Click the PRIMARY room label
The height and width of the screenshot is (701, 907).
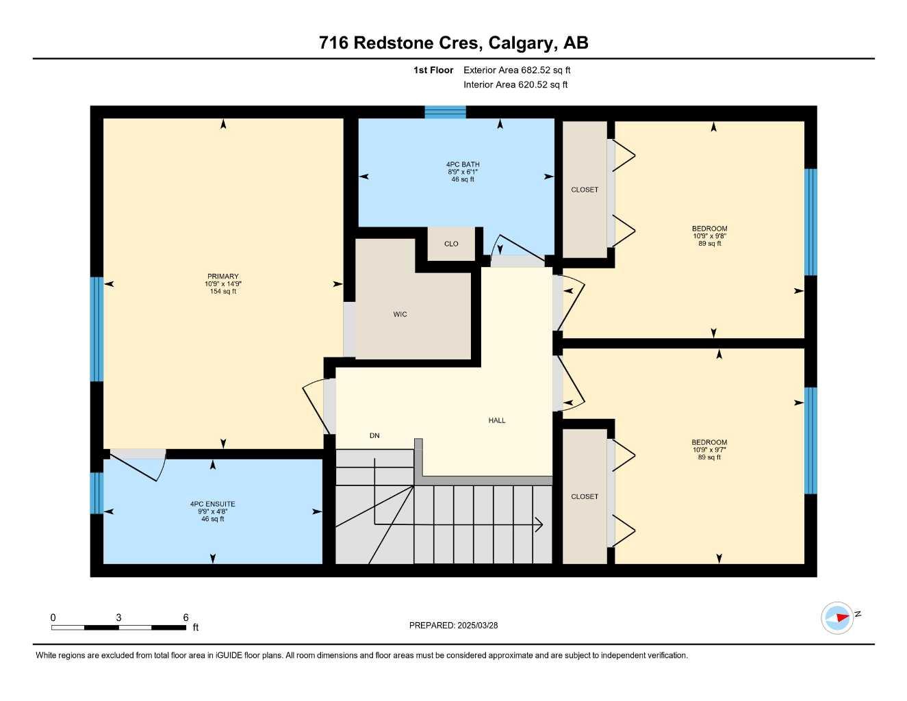click(223, 277)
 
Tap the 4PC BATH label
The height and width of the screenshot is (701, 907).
click(463, 164)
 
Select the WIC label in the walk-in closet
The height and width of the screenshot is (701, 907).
click(400, 315)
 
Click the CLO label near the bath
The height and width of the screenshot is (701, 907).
click(451, 244)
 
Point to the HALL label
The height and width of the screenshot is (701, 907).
click(497, 420)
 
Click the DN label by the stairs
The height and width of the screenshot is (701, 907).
click(374, 435)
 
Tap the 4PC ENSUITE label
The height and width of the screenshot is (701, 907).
click(212, 505)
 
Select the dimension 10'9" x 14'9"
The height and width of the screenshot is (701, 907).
click(223, 284)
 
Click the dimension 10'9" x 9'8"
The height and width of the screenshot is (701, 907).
click(709, 236)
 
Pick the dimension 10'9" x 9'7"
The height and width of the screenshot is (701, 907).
click(709, 450)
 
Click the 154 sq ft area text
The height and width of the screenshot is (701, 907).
click(223, 292)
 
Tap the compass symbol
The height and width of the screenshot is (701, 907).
click(837, 618)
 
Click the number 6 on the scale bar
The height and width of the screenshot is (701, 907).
click(186, 617)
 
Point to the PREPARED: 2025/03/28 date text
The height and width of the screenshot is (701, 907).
click(453, 625)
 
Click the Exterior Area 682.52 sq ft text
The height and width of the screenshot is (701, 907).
click(517, 70)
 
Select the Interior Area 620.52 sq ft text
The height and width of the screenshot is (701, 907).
click(515, 85)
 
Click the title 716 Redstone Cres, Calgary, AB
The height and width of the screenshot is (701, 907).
click(453, 42)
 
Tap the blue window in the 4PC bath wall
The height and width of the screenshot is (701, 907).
click(445, 112)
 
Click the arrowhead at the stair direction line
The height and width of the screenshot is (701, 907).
click(539, 525)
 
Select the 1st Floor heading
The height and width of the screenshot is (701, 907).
click(433, 70)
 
